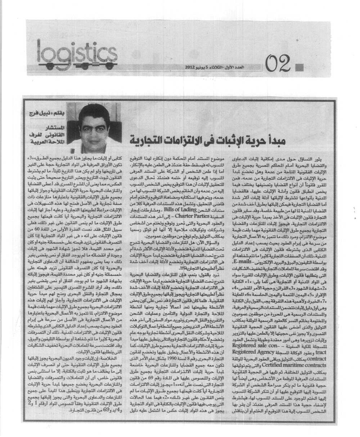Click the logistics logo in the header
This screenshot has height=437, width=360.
coord(72,54)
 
